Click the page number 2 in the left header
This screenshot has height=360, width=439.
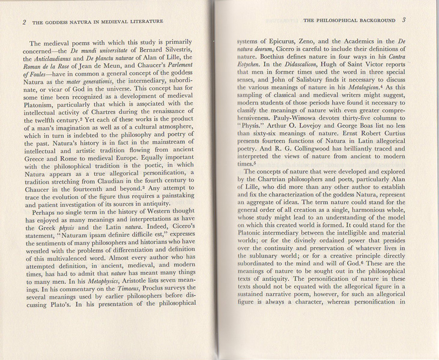click(x=23, y=22)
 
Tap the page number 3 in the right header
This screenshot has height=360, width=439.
click(x=404, y=20)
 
